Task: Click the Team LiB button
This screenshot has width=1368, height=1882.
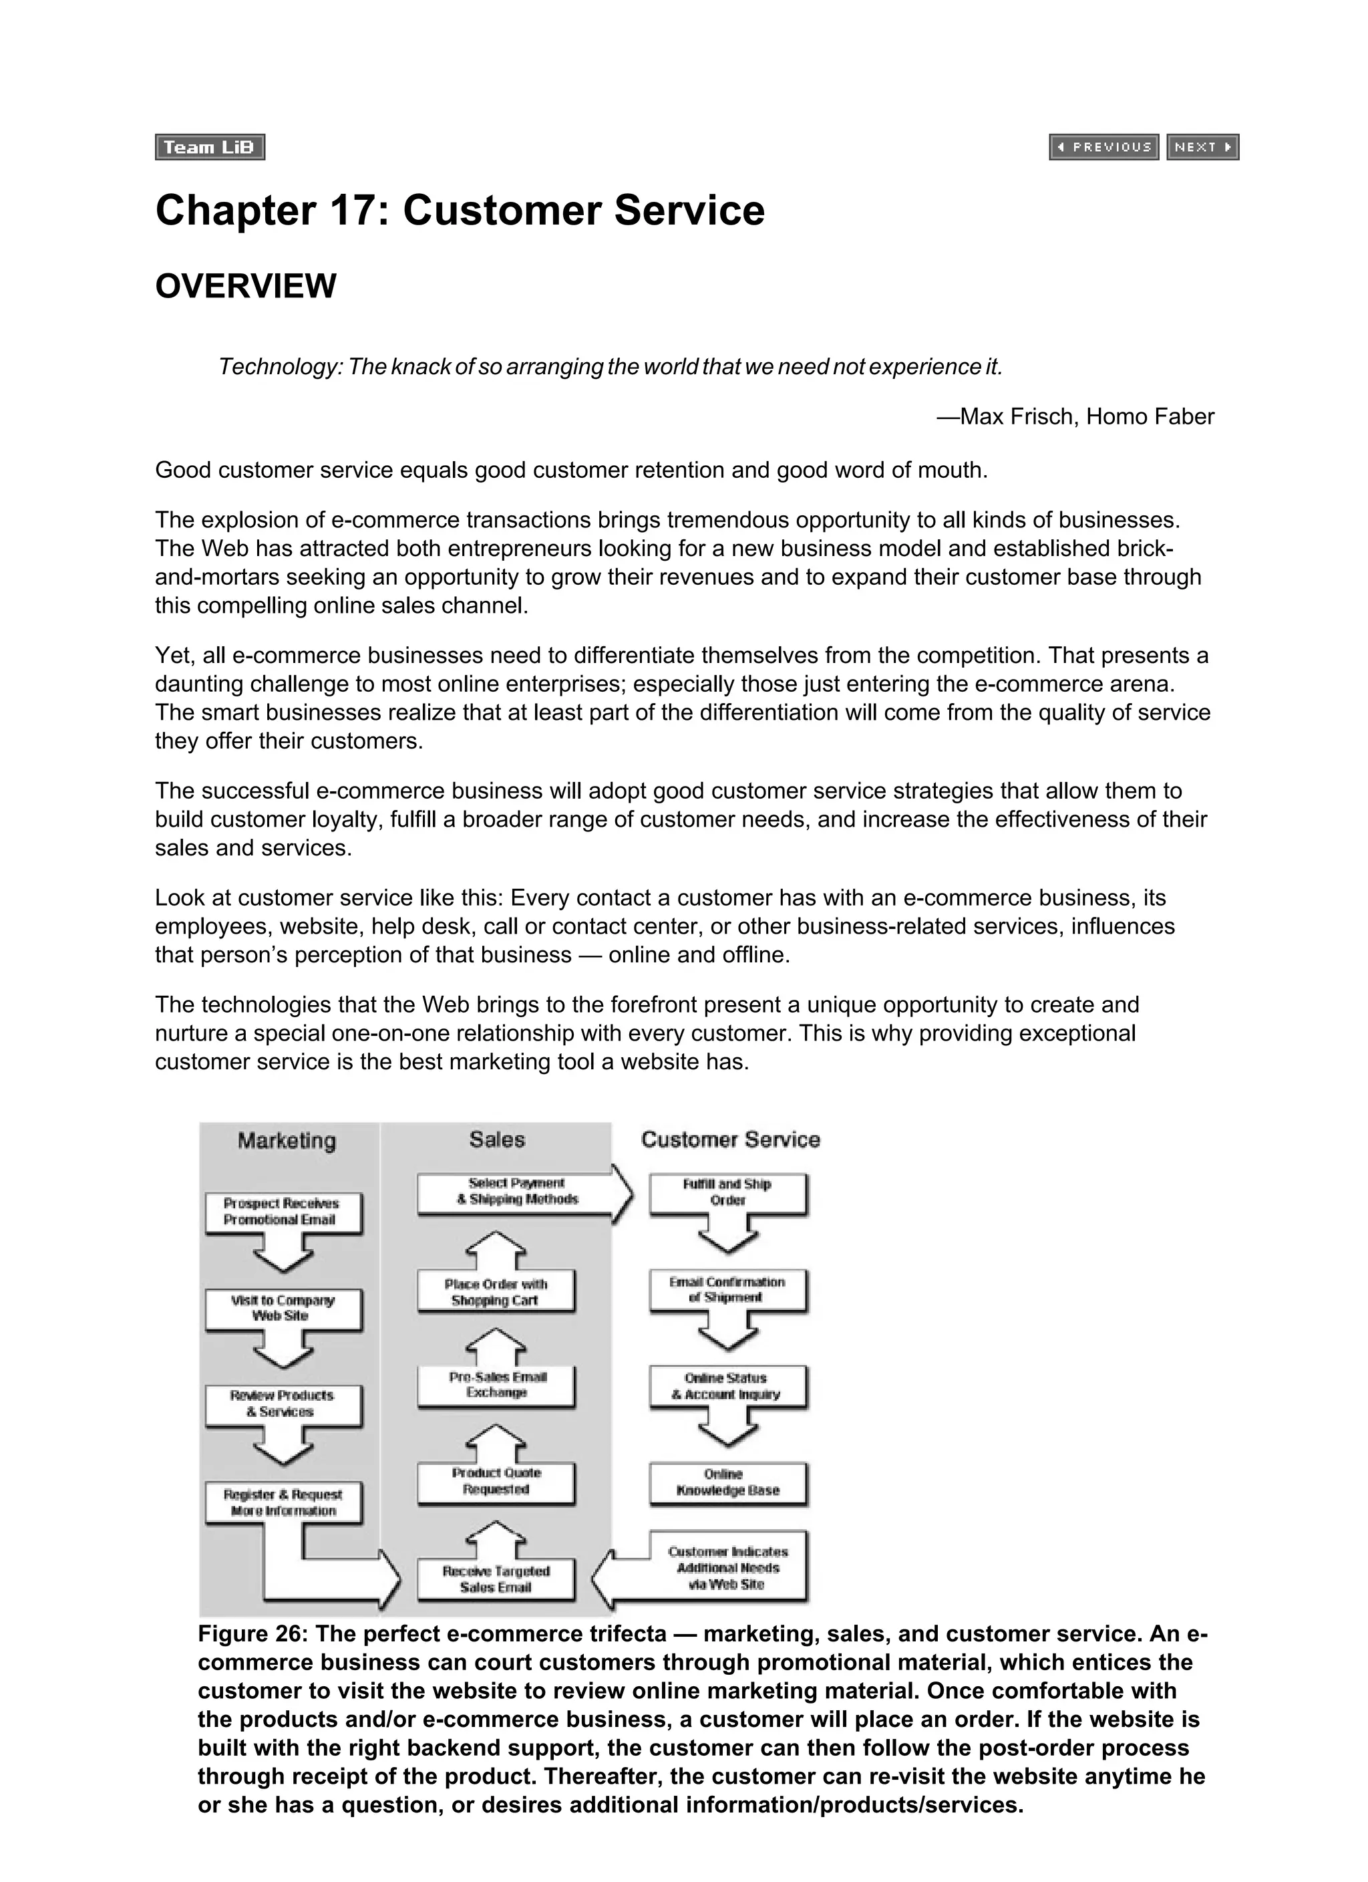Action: coord(210,147)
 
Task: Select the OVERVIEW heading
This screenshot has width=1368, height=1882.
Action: coord(246,285)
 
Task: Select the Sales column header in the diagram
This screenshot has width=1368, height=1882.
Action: coord(496,1139)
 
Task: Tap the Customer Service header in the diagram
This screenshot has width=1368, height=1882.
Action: coord(730,1139)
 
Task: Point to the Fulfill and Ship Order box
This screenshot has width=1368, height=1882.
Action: coord(727,1192)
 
